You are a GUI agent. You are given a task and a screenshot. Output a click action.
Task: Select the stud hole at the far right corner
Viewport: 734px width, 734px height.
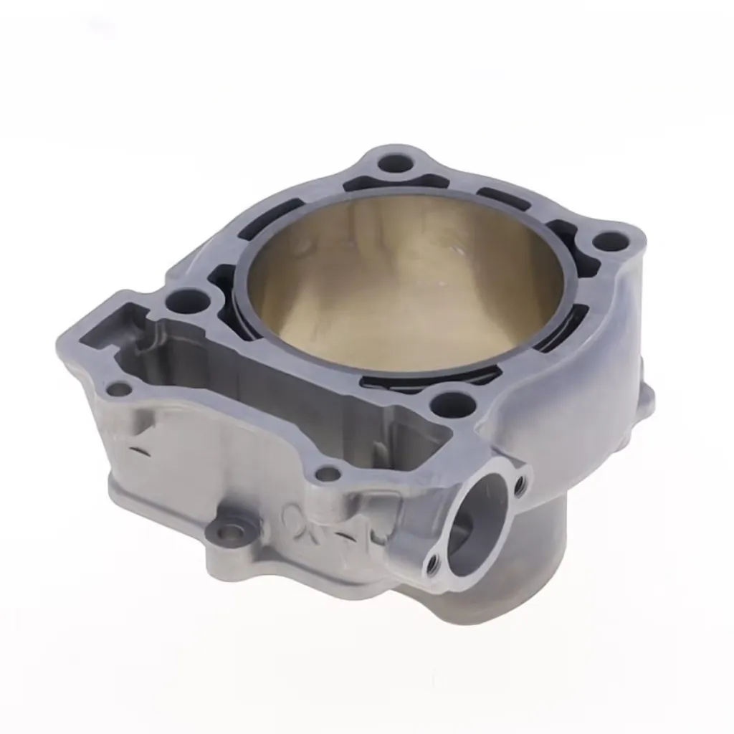pos(611,242)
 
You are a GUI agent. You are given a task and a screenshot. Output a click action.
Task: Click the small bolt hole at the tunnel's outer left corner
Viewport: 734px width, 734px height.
pos(119,389)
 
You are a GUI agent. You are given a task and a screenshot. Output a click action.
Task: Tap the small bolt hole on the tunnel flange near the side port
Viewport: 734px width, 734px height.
pos(328,473)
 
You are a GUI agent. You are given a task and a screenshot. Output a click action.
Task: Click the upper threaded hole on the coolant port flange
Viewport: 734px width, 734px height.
pos(520,485)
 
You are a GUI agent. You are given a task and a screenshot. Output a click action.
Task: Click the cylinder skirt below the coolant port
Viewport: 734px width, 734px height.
pos(530,573)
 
